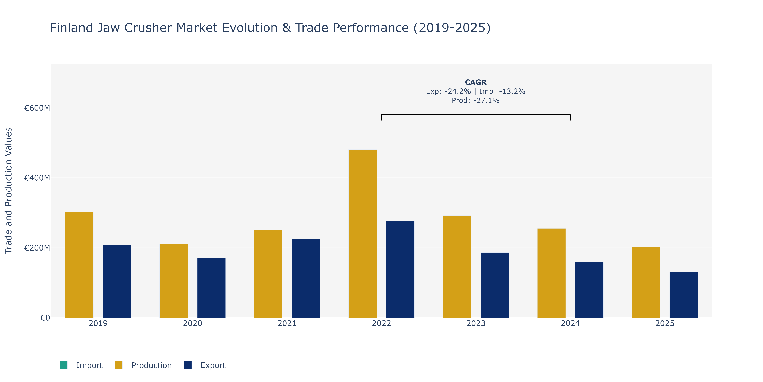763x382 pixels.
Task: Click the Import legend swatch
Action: (63, 365)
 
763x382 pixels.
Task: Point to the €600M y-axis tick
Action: (37, 108)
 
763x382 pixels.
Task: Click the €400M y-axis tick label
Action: (37, 178)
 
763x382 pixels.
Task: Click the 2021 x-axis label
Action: (287, 323)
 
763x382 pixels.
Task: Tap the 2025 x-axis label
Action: (665, 323)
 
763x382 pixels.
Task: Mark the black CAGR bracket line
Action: (476, 114)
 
